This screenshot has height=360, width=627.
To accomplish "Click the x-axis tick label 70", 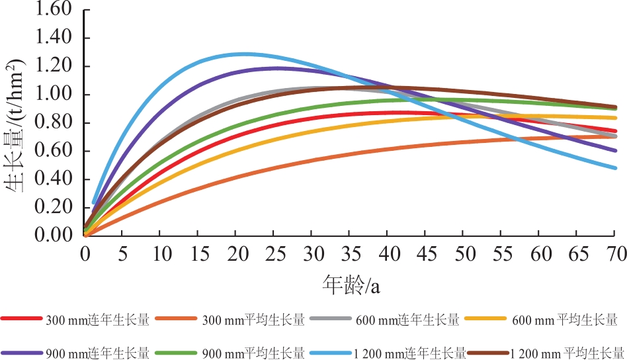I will pos(615,254).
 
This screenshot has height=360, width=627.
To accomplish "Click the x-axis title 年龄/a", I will pos(350,285).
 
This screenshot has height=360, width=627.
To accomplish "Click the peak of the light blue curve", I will pos(243,54).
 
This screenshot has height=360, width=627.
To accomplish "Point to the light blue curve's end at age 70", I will pos(615,167).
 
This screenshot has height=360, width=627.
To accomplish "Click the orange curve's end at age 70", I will pos(615,136).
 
